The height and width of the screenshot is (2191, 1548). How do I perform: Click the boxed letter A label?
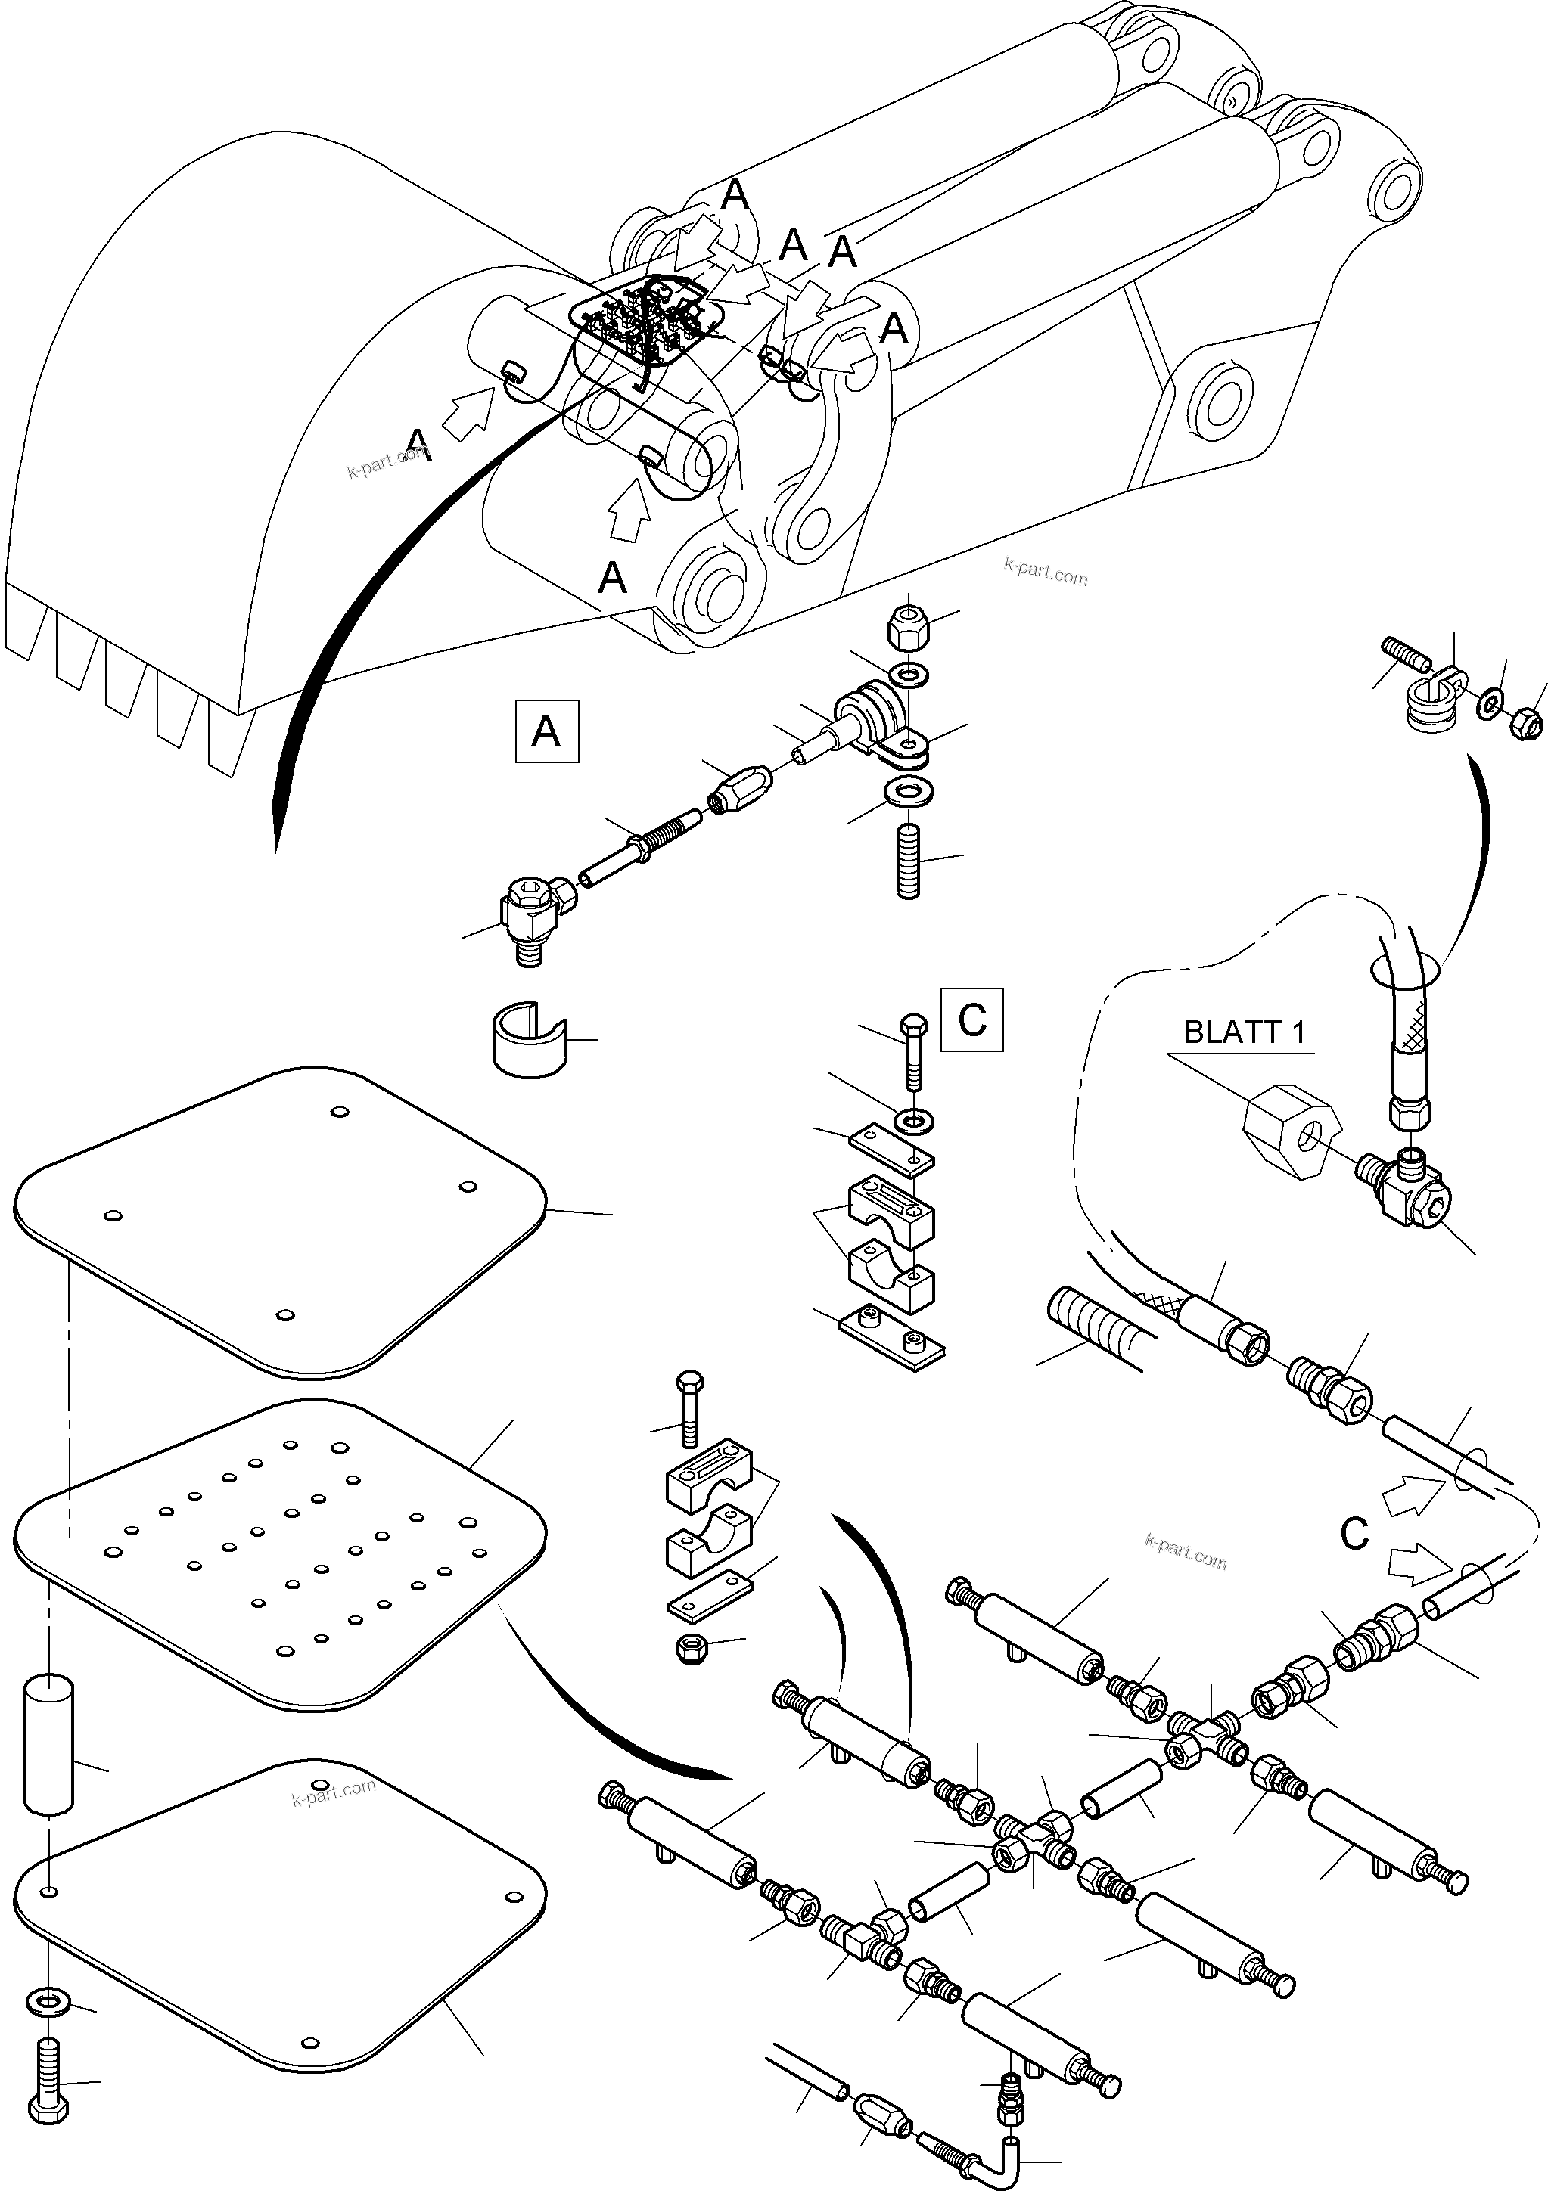[x=546, y=732]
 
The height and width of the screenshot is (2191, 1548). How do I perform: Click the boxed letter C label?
[x=971, y=1020]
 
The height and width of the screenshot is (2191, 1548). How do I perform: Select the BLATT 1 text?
[x=1244, y=1032]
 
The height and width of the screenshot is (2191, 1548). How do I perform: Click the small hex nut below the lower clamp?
[x=691, y=1650]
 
